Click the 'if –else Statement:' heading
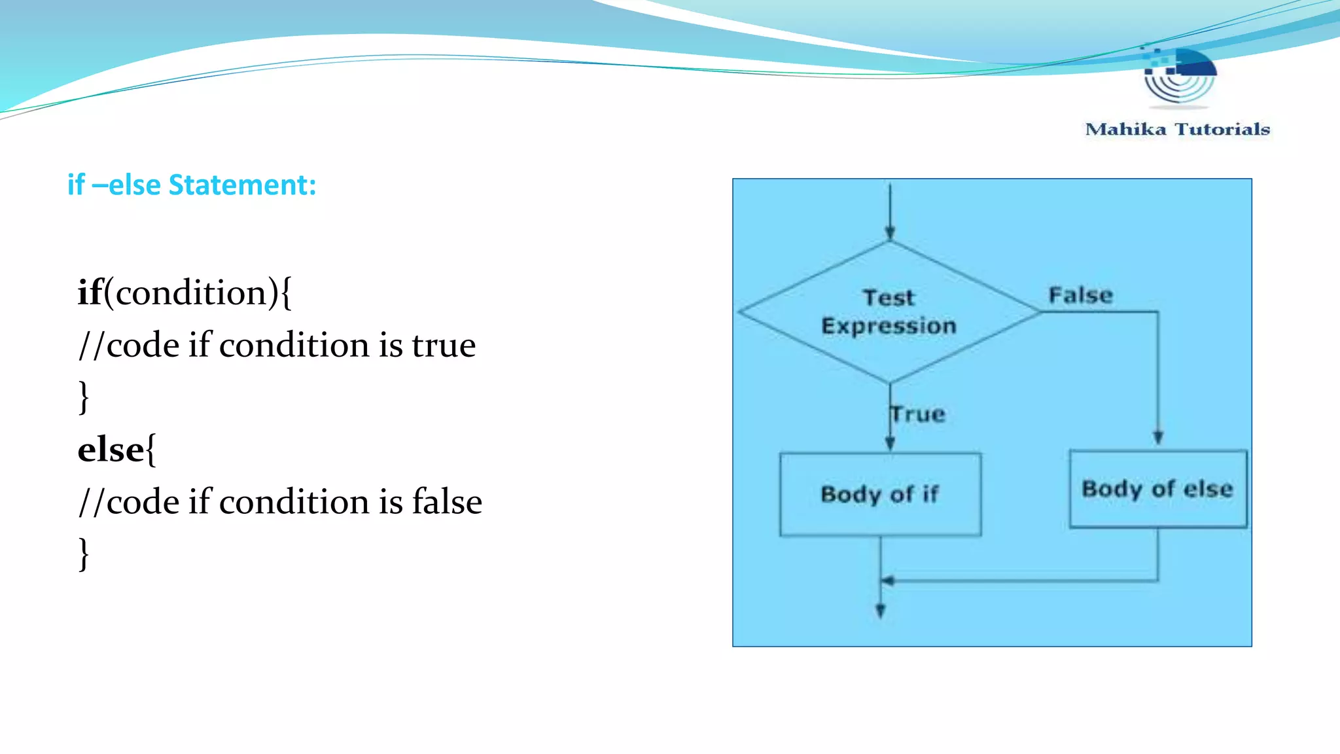[192, 185]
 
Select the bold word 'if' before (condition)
[90, 292]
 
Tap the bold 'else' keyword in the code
[111, 450]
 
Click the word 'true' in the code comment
[443, 345]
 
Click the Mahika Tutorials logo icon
[1179, 76]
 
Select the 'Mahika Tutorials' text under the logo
[1177, 129]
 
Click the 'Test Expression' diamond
[889, 312]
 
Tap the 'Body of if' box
[880, 494]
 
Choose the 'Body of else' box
[1157, 489]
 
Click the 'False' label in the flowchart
[1080, 295]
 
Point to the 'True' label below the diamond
[919, 414]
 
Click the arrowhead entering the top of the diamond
[890, 232]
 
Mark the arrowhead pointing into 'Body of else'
[1157, 438]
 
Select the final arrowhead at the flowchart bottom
[881, 611]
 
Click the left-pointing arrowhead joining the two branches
[888, 581]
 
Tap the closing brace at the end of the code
[84, 554]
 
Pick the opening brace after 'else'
[151, 450]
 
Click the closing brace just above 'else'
[84, 397]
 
